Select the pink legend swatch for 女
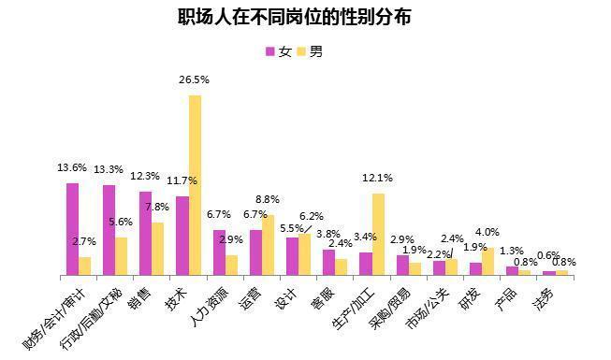click(270, 51)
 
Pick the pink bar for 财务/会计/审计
click(72, 229)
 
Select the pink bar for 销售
click(145, 234)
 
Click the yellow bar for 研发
click(487, 262)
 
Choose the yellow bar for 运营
click(269, 245)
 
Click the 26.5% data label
click(195, 80)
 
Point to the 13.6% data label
click(72, 168)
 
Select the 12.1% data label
click(378, 178)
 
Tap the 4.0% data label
click(487, 232)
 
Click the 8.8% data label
click(269, 199)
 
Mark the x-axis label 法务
click(544, 300)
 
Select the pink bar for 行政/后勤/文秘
click(109, 230)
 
